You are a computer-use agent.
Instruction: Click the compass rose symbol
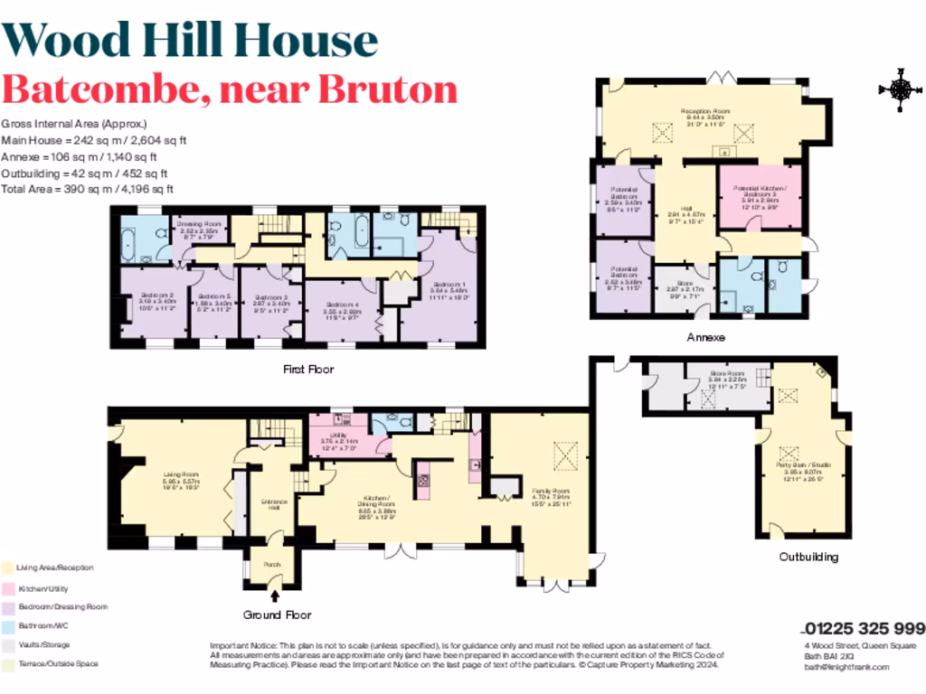click(899, 89)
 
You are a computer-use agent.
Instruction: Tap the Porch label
click(272, 565)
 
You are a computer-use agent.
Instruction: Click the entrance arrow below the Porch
click(274, 595)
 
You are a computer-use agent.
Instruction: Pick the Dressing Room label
click(199, 227)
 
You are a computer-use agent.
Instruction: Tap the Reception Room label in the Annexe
click(705, 114)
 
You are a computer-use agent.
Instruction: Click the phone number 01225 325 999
click(864, 629)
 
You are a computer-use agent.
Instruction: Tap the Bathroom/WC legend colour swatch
click(8, 625)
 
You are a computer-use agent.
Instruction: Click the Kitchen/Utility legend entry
click(43, 588)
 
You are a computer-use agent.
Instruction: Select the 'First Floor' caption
click(308, 369)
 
